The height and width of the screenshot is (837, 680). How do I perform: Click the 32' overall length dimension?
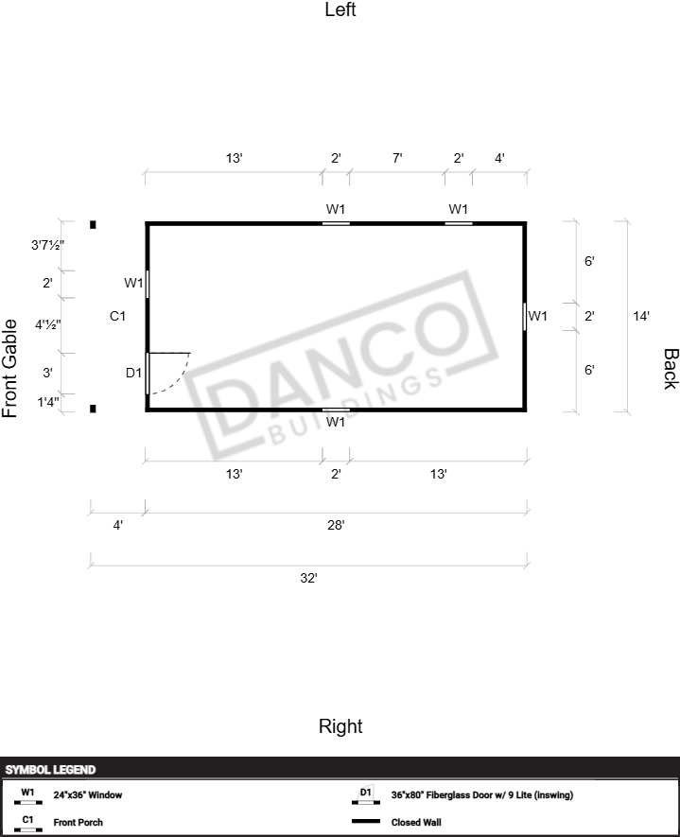click(x=308, y=578)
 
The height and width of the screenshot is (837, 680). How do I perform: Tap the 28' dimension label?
click(x=336, y=525)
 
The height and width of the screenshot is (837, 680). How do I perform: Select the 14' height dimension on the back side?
click(x=641, y=316)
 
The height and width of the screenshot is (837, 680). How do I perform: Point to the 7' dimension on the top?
click(x=397, y=158)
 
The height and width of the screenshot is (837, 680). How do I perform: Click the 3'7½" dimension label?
click(x=47, y=245)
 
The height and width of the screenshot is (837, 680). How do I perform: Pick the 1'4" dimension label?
click(x=48, y=401)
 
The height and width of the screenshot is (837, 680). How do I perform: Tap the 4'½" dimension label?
click(x=48, y=324)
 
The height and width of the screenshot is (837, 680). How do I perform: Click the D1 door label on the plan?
click(x=133, y=373)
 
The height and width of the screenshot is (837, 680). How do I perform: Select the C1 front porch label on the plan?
click(x=117, y=316)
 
